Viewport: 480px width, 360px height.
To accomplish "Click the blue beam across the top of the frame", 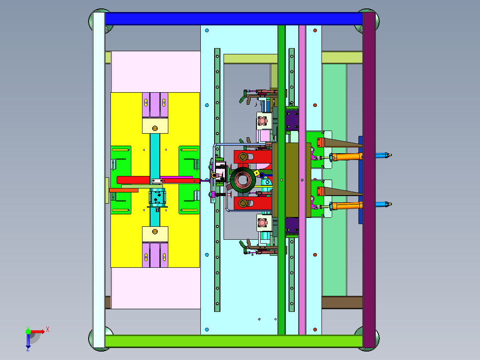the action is point(234,19).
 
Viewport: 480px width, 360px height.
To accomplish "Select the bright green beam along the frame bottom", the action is point(234,341).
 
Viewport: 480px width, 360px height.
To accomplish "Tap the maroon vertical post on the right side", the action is point(369,180).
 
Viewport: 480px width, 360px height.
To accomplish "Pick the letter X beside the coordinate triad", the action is point(48,330).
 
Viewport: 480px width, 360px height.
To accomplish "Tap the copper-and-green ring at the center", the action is point(243,180).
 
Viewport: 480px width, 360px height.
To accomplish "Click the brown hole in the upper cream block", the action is point(155,128).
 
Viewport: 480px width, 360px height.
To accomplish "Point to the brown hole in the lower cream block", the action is point(155,232).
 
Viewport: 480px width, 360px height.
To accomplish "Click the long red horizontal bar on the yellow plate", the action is point(158,180).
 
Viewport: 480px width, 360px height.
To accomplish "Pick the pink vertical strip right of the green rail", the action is point(302,180).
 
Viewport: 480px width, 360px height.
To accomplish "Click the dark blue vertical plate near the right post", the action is point(361,180).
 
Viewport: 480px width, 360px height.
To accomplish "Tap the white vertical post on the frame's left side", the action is point(99,180).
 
